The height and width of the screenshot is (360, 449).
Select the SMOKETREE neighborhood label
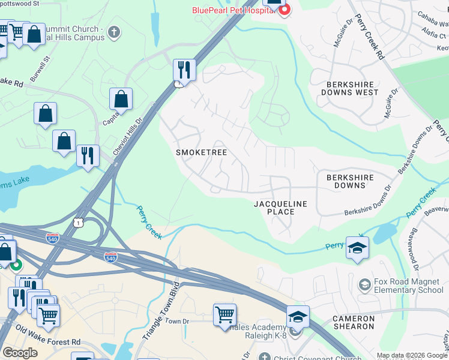[x=201, y=152]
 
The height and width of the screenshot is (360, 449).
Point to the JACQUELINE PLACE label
[x=280, y=208]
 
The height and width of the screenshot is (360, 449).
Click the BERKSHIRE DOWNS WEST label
[x=349, y=88]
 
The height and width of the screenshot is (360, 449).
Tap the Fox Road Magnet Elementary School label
[x=408, y=286]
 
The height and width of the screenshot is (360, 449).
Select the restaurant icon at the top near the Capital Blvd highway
[x=184, y=70]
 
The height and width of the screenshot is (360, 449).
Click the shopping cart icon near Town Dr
[x=224, y=313]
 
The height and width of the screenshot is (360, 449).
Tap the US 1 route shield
[x=78, y=223]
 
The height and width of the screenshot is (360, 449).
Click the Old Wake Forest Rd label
[x=48, y=335]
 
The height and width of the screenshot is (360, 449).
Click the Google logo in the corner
[x=20, y=353]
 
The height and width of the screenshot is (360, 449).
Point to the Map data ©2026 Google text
[x=412, y=355]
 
